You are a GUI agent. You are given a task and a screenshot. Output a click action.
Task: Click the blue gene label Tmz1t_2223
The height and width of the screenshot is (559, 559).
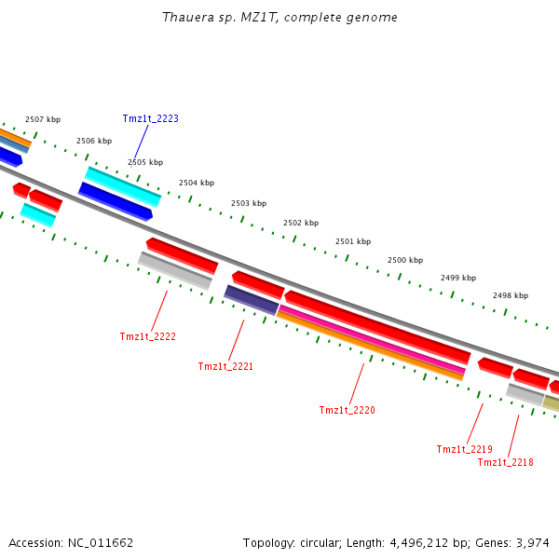pos(150,118)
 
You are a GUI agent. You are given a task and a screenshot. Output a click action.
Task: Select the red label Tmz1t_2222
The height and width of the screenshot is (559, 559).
pos(147,336)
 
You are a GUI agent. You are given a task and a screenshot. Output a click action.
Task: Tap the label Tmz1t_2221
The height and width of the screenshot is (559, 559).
pos(225,366)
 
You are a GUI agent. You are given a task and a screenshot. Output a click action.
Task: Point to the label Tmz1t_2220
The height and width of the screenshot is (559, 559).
pos(347,410)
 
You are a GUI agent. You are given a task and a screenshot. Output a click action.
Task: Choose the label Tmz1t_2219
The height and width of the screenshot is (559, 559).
pos(464,449)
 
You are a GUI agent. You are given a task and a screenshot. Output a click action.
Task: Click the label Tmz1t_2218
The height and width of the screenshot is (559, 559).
pos(505,462)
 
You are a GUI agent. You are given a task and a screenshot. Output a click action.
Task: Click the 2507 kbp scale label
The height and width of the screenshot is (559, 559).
pos(42,119)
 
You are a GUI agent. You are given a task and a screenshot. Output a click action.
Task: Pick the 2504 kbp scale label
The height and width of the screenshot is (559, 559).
pos(197,183)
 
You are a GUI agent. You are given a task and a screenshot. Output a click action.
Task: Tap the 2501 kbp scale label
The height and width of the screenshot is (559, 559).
pos(353,241)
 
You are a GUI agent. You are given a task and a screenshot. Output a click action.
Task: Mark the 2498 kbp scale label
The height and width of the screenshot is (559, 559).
pos(511,295)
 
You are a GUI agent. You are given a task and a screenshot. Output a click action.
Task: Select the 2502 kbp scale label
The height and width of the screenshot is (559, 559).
pos(301,223)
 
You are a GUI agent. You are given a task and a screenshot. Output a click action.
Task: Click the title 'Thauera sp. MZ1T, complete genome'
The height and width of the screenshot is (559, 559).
pos(279,18)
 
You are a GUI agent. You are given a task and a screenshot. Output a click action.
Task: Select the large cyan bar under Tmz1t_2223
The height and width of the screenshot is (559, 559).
pos(123,186)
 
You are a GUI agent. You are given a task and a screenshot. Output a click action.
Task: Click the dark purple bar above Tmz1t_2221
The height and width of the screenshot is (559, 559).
pos(252,299)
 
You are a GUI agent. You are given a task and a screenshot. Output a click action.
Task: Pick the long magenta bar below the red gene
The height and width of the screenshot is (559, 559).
pos(373,340)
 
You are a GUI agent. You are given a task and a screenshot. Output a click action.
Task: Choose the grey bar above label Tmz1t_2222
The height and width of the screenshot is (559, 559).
pos(175,270)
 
